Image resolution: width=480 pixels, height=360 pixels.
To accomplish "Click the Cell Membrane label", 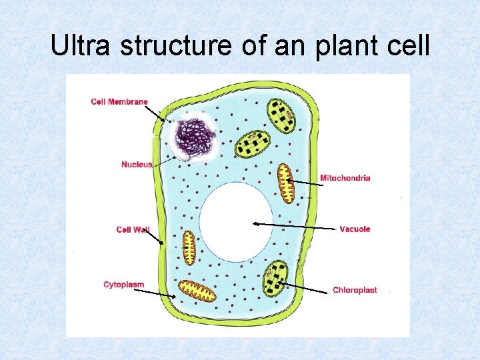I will (x=119, y=101).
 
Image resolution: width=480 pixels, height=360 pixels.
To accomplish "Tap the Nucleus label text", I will (x=136, y=164).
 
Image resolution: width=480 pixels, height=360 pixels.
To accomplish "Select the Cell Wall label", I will (x=133, y=229).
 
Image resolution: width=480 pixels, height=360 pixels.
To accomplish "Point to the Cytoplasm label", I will (x=123, y=285).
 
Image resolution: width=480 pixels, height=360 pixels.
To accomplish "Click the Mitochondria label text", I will (x=345, y=177).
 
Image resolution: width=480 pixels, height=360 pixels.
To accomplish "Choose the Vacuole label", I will (x=354, y=229).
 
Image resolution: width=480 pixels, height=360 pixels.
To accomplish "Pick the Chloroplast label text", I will (x=354, y=289).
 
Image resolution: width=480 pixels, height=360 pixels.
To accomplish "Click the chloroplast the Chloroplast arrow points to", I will (x=275, y=279).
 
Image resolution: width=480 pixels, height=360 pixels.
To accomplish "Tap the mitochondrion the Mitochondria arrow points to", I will (x=285, y=183).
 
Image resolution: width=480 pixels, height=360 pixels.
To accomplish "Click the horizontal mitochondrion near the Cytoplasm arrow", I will (x=197, y=291).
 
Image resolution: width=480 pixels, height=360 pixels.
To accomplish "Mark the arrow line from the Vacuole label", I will (x=293, y=226).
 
